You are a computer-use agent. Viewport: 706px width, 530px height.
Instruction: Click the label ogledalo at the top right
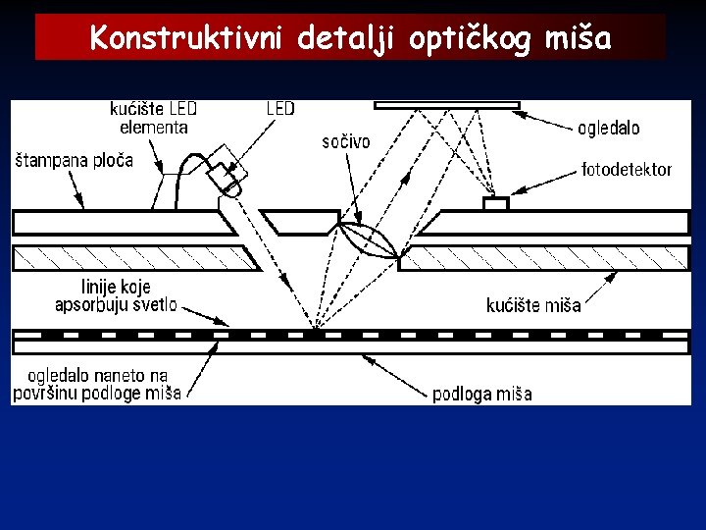pos(608,128)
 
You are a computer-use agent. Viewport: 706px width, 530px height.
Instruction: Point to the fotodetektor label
pos(627,170)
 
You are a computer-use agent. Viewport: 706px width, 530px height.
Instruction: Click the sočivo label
pos(346,142)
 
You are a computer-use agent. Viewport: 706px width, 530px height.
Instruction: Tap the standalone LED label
pos(279,109)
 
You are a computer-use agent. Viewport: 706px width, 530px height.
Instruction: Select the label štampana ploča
pos(75,160)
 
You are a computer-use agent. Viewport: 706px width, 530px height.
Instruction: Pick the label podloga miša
pos(482,395)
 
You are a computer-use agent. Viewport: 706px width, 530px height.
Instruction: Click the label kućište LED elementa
pos(154,118)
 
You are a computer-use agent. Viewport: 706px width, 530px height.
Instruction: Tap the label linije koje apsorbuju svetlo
pos(116,295)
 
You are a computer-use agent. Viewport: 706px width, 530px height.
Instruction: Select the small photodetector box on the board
pos(495,204)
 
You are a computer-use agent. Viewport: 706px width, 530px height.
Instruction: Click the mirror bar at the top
pos(446,104)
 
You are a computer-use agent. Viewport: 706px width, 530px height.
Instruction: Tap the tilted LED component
pos(227,171)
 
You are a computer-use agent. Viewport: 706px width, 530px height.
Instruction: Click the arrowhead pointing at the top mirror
pos(521,114)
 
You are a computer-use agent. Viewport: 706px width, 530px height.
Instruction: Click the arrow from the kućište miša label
pos(598,285)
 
